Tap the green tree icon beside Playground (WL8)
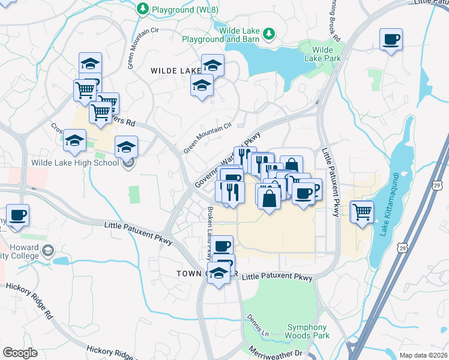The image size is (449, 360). pos(143,9)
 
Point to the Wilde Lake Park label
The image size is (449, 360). pos(323,54)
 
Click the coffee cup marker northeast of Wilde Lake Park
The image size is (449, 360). pos(391,40)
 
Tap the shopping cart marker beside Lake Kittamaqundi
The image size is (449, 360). pos(362,211)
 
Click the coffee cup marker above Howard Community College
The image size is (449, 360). pos(17,215)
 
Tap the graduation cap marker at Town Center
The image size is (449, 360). pos(219,273)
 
